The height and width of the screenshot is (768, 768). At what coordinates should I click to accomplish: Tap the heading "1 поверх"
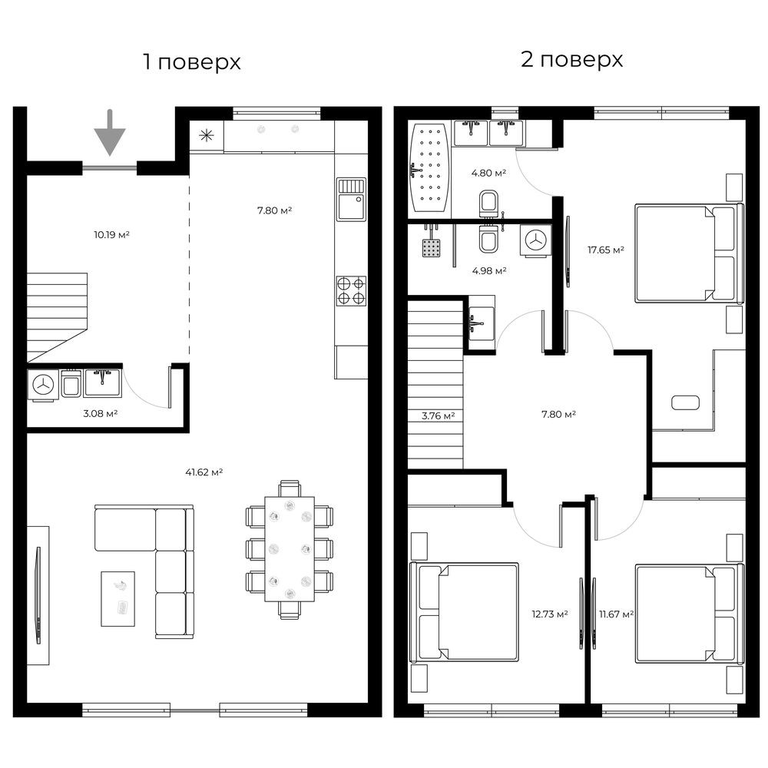(x=192, y=62)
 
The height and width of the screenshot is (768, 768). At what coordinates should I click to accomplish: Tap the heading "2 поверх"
(x=571, y=59)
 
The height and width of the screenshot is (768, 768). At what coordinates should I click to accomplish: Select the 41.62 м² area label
(x=204, y=472)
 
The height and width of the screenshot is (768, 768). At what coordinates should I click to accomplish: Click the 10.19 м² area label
(x=111, y=234)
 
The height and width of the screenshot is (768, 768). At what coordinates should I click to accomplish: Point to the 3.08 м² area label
(x=101, y=413)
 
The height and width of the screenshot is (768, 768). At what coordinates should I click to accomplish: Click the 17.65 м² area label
(x=606, y=250)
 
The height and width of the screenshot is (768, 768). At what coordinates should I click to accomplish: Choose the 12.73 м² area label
(x=550, y=614)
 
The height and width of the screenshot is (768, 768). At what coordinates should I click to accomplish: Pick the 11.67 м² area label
(x=616, y=614)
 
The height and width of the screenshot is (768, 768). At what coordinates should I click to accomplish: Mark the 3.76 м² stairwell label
(x=439, y=415)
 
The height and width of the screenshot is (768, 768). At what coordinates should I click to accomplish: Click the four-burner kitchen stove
(x=351, y=291)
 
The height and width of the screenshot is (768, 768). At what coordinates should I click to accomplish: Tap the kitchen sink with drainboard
(x=351, y=200)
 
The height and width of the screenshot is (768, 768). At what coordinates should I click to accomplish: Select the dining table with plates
(x=290, y=549)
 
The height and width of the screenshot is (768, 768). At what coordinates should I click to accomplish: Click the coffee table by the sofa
(x=118, y=598)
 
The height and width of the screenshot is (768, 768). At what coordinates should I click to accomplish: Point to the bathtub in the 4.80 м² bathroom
(x=429, y=167)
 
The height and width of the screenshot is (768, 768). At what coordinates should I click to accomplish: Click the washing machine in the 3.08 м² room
(x=43, y=385)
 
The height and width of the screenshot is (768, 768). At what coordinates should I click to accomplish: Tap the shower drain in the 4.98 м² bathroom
(x=431, y=248)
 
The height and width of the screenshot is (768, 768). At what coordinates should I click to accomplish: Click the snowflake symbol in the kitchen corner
(x=207, y=136)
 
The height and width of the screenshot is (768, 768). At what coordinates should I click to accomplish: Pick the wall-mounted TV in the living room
(x=38, y=594)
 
